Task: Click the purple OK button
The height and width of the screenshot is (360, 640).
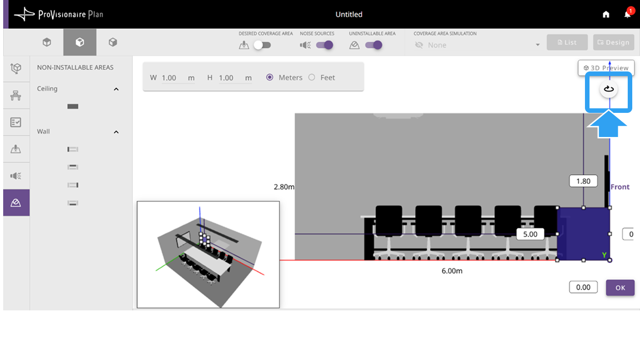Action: coord(620,287)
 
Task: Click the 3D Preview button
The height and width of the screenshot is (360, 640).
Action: coord(606,68)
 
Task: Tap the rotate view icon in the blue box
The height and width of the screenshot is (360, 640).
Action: coord(609,89)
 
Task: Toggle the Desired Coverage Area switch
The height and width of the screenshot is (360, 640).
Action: coord(262,45)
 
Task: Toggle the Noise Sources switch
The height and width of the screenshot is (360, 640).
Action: coord(325,45)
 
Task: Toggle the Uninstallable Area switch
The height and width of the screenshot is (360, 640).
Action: coord(374,45)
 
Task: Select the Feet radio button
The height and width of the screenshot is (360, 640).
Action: coord(312,77)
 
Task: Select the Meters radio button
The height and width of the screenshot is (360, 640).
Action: coord(269,77)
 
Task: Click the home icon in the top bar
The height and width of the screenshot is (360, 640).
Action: coord(606,14)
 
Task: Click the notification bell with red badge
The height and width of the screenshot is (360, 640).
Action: coord(628,14)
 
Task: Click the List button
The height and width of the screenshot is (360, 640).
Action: coord(567,42)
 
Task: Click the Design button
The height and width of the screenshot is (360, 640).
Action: coord(614,42)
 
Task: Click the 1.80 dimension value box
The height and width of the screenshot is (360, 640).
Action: coord(583,181)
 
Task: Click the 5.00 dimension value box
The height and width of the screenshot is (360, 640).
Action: coord(530,234)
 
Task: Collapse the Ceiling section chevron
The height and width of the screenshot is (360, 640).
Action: coord(116,89)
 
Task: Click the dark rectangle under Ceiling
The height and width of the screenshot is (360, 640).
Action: coord(73,106)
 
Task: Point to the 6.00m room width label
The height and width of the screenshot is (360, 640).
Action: coord(452,271)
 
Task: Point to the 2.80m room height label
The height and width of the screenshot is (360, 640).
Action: coord(284,187)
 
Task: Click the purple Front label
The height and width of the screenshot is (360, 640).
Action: coord(620,187)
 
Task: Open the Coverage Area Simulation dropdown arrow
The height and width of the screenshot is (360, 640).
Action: coord(538,45)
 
